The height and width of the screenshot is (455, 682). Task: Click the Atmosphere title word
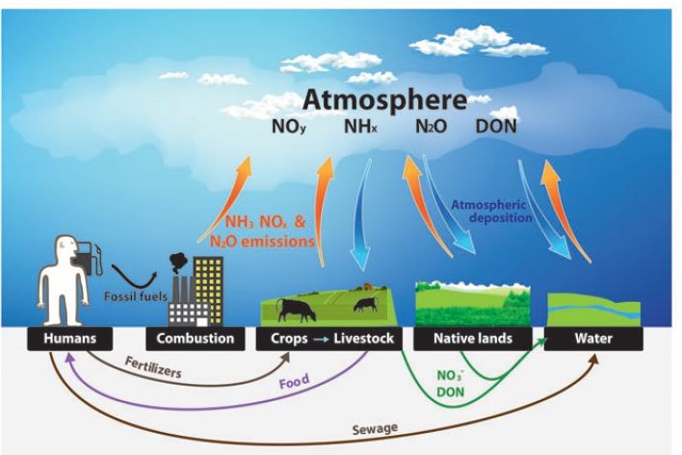pyautogui.click(x=384, y=101)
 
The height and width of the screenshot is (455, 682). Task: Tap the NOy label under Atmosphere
pyautogui.click(x=289, y=127)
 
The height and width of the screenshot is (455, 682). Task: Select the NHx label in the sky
pyautogui.click(x=360, y=127)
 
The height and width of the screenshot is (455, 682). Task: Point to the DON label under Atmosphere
pyautogui.click(x=496, y=126)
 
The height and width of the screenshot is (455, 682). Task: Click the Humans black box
pyautogui.click(x=70, y=339)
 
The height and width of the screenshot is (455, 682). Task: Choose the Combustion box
pyautogui.click(x=196, y=339)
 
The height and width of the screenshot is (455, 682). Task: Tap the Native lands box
pyautogui.click(x=473, y=339)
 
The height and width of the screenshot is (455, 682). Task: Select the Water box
pyautogui.click(x=593, y=339)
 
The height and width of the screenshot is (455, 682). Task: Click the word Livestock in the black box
pyautogui.click(x=363, y=339)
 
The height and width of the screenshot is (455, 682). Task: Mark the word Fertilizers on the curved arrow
pyautogui.click(x=153, y=367)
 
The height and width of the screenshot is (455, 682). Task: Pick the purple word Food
pyautogui.click(x=295, y=382)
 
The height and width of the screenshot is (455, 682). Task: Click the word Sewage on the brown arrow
pyautogui.click(x=375, y=429)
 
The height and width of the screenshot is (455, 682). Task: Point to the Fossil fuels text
pyautogui.click(x=136, y=296)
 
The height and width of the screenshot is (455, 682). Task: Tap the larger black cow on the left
pyautogui.click(x=296, y=310)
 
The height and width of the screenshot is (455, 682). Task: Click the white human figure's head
pyautogui.click(x=66, y=246)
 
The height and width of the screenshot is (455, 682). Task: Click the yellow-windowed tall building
pyautogui.click(x=208, y=290)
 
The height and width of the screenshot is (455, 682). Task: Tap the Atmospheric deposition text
pyautogui.click(x=491, y=211)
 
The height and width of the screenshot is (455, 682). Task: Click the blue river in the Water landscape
pyautogui.click(x=593, y=309)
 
